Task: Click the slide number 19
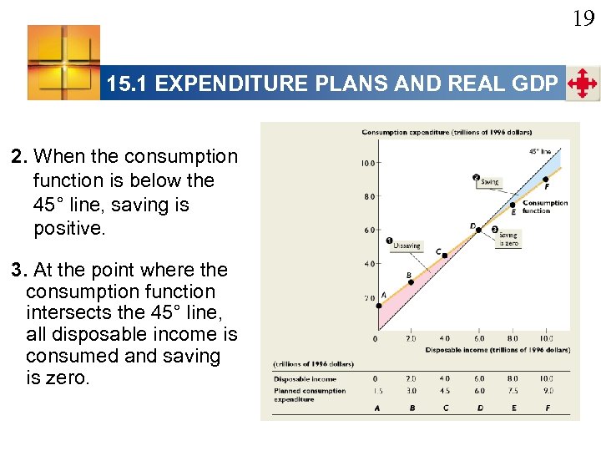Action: pyautogui.click(x=583, y=18)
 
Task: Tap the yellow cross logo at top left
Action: pyautogui.click(x=63, y=63)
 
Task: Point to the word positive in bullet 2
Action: pyautogui.click(x=69, y=228)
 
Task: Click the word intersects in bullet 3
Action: pyautogui.click(x=63, y=313)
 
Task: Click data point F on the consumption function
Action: pyautogui.click(x=546, y=179)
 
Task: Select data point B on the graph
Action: pyautogui.click(x=410, y=281)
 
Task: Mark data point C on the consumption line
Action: pyautogui.click(x=444, y=255)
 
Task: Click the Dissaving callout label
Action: pyautogui.click(x=407, y=246)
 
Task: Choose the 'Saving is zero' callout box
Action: pyautogui.click(x=508, y=239)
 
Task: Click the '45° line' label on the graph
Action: pyautogui.click(x=540, y=151)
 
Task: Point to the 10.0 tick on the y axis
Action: pyautogui.click(x=366, y=163)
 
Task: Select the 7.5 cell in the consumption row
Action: pyautogui.click(x=512, y=390)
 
